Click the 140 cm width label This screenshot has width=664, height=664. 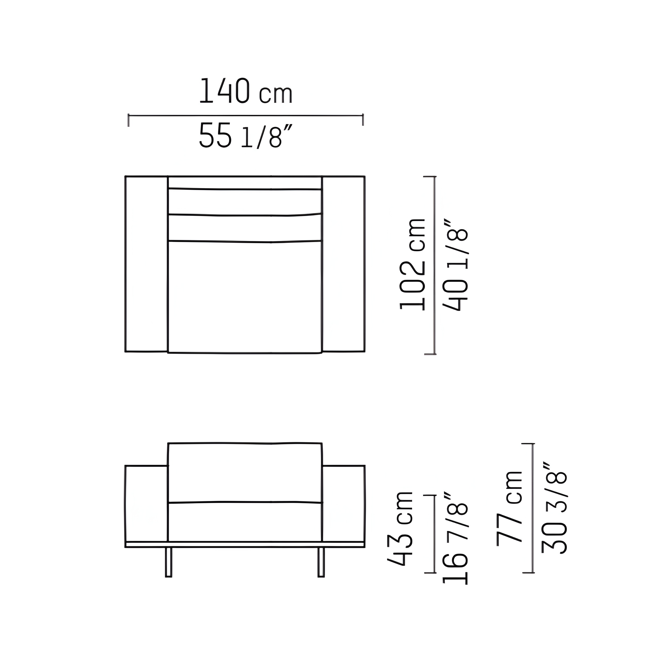point(246,91)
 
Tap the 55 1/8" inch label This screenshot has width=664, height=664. point(245,136)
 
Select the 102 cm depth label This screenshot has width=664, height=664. point(413,264)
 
